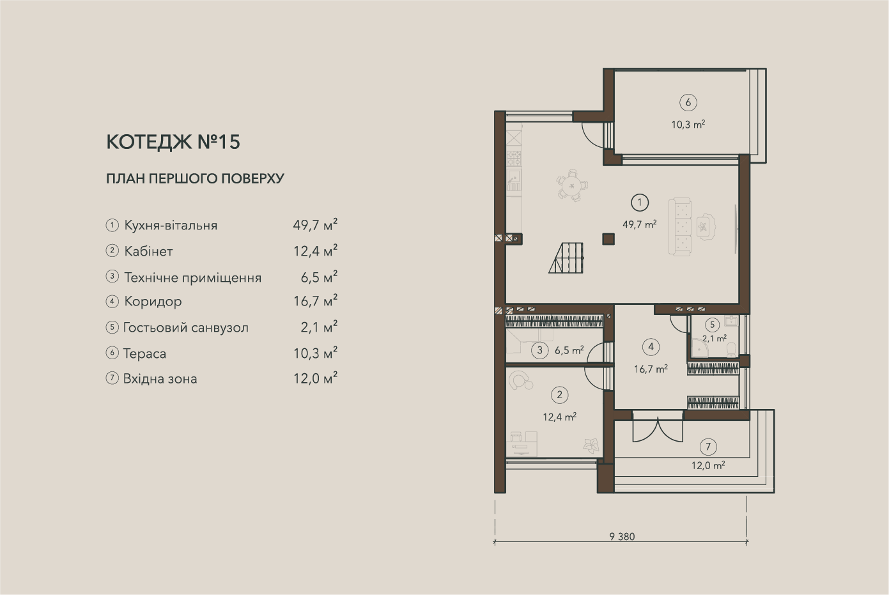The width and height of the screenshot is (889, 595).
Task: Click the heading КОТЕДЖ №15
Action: [x=173, y=142]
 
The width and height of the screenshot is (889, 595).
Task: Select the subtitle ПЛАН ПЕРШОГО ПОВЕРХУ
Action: [x=196, y=178]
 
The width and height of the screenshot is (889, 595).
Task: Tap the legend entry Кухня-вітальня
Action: [x=171, y=226]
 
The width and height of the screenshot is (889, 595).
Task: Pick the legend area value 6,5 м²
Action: [x=319, y=276]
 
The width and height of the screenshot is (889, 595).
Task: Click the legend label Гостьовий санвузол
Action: [x=186, y=327]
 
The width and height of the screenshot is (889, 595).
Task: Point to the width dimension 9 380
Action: [x=622, y=537]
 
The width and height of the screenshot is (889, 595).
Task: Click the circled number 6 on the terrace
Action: [x=688, y=102]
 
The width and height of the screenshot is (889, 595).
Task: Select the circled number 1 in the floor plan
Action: [x=639, y=203]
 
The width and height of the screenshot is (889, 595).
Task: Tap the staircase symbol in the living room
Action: [x=566, y=258]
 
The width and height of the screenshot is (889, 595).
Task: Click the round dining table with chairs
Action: [x=572, y=185]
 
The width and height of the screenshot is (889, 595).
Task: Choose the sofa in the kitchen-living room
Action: [x=680, y=227]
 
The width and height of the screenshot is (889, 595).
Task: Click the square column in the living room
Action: [x=608, y=239]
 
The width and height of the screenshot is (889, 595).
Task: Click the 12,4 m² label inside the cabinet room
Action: [x=560, y=417]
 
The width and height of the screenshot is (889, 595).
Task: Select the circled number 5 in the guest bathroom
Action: [x=712, y=325]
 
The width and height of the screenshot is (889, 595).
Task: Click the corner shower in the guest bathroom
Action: [x=699, y=347]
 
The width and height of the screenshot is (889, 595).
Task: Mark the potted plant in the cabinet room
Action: [x=591, y=445]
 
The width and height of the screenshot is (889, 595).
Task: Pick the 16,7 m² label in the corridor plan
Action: [x=651, y=369]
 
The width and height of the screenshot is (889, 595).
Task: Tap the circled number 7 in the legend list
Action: [x=112, y=378]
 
